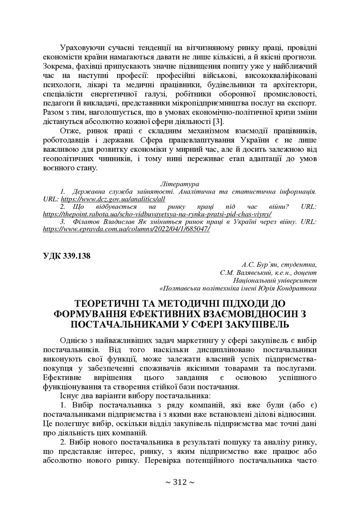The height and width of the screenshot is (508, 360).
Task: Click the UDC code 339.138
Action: pos(67,256)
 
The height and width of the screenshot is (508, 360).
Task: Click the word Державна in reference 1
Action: pos(89,190)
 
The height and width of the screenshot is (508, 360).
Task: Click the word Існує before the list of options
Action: pos(71,396)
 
